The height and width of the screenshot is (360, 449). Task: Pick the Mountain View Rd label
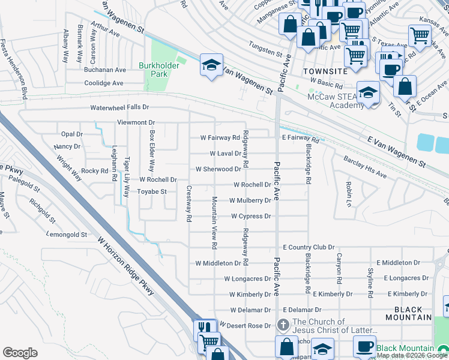pyautogui.click(x=214, y=222)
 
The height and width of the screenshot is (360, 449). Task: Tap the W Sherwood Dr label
pyautogui.click(x=218, y=169)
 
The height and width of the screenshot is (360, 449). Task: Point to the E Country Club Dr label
pyautogui.click(x=308, y=247)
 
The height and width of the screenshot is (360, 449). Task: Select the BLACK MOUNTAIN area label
pyautogui.click(x=409, y=313)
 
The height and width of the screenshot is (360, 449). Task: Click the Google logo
pyautogui.click(x=20, y=353)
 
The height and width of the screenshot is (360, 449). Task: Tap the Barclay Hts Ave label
pyautogui.click(x=365, y=167)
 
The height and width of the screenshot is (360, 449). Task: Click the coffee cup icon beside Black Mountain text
pyautogui.click(x=364, y=346)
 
